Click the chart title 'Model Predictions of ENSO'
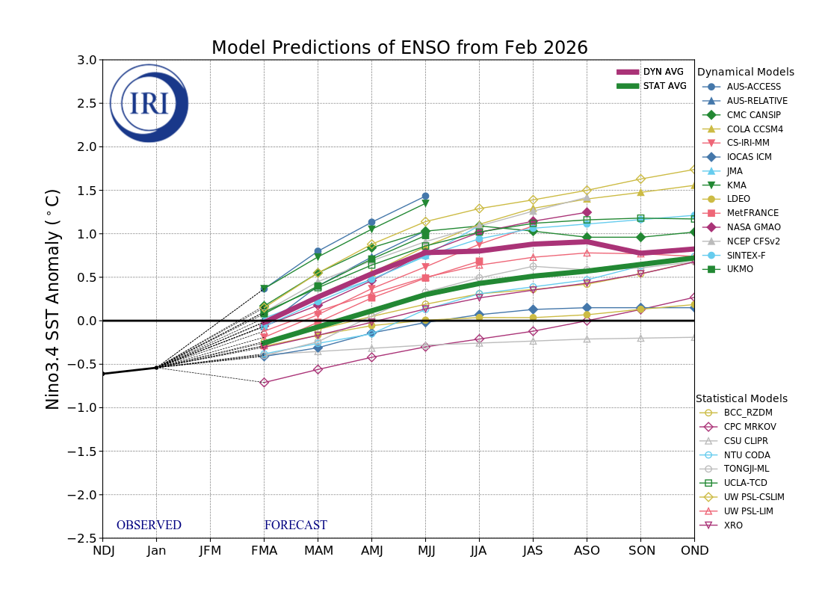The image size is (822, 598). coord(399,49)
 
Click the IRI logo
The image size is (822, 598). coord(149,103)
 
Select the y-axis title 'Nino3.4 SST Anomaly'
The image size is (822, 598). coord(53,299)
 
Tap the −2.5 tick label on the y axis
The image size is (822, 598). coord(82,538)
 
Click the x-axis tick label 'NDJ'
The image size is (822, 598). coord(102,551)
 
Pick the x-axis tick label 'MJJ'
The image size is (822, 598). coord(425,551)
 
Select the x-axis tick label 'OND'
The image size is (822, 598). coord(693,551)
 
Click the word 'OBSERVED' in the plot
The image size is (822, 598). coord(149,525)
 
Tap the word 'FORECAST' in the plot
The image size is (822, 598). coord(295,525)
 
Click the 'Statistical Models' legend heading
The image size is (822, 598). coord(741,399)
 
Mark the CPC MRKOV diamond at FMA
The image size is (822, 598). coord(264,383)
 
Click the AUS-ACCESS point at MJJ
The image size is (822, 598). coord(425,197)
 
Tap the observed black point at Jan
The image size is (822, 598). coord(156,368)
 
